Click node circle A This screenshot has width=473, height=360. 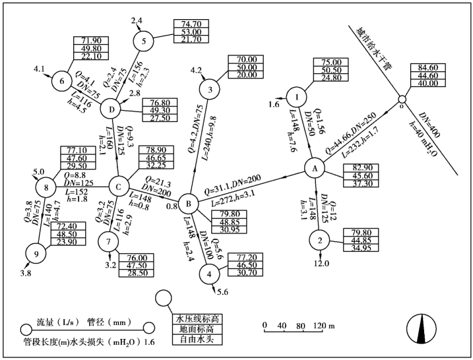315,169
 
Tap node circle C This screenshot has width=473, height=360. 119,187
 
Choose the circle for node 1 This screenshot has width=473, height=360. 298,98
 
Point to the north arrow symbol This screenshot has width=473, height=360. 420,328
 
